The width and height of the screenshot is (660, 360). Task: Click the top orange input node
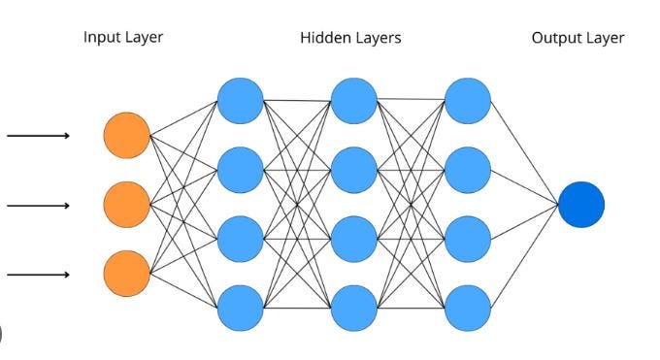click(x=127, y=136)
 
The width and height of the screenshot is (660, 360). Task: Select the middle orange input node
click(x=127, y=205)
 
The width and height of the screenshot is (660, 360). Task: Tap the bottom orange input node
click(x=127, y=274)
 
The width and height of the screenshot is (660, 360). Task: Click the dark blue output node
click(x=581, y=205)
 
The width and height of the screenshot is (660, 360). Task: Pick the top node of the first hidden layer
click(x=240, y=100)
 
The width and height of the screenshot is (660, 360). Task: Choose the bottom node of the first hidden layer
click(x=240, y=309)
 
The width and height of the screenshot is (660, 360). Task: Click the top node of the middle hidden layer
click(x=353, y=100)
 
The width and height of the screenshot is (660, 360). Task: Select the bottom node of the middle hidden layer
click(x=353, y=309)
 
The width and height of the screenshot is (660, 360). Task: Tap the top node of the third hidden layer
click(x=468, y=100)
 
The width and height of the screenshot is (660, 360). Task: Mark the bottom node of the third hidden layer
click(x=468, y=309)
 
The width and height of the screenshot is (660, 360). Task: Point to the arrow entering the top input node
click(x=39, y=136)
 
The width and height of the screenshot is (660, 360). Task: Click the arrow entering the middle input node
click(x=39, y=205)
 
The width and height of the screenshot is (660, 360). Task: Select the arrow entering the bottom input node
click(x=39, y=275)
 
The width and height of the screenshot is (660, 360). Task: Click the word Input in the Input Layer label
click(x=101, y=38)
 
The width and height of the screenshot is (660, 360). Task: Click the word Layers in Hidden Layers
click(x=378, y=38)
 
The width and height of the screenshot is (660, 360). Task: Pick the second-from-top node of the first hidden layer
click(x=240, y=170)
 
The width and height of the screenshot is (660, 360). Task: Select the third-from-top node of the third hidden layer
click(x=468, y=239)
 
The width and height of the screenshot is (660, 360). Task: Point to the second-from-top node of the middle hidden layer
click(x=353, y=170)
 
